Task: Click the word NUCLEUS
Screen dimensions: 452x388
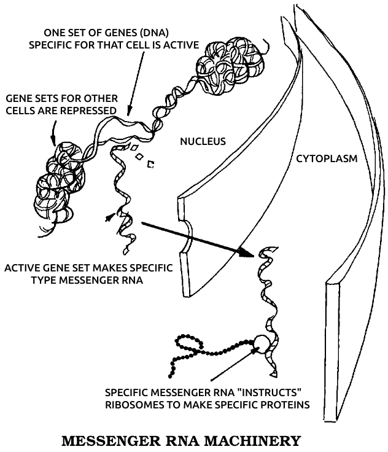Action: (203, 142)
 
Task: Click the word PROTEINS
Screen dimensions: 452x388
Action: (283, 405)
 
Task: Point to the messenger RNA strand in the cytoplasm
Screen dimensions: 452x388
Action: (268, 289)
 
